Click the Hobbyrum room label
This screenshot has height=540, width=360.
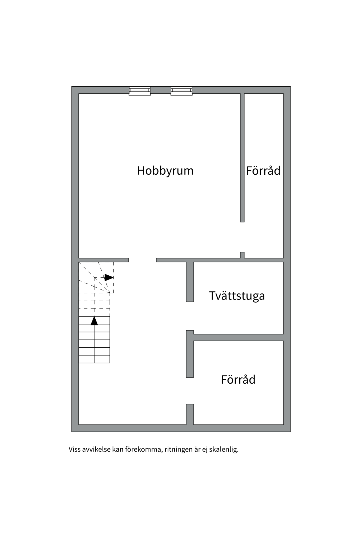pos(165,171)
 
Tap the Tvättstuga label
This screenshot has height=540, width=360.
pos(237,296)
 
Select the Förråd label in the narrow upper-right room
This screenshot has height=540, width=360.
pos(263,171)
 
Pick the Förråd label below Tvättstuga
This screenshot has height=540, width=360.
pos(238,380)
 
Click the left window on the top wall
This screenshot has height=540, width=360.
pos(139,91)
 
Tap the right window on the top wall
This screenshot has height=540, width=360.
pos(181,91)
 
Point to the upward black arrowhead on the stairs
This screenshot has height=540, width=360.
pos(94,321)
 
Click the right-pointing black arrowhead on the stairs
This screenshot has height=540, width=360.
pos(109,278)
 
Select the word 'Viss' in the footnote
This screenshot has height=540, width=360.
pos(75,449)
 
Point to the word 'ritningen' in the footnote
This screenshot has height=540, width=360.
pos(179,449)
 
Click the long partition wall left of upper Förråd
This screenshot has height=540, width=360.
pos(242,157)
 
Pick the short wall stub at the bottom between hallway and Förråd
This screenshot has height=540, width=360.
pos(190,414)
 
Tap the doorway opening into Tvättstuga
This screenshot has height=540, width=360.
pos(190,316)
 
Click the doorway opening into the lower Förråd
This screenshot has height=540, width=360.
pos(190,391)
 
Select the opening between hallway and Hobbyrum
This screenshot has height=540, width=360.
pos(142,260)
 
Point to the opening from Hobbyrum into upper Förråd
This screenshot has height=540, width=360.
pos(242,237)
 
